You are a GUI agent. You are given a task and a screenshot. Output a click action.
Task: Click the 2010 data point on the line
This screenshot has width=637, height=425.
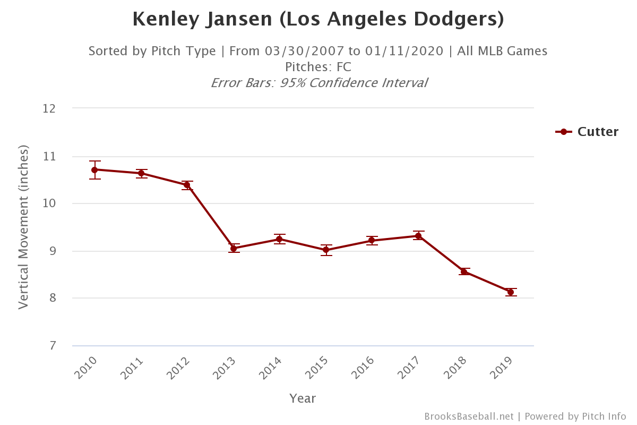(95, 170)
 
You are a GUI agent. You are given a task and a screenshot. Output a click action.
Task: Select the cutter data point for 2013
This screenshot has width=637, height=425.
(234, 248)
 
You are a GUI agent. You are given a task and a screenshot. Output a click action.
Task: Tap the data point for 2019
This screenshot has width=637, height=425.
(511, 292)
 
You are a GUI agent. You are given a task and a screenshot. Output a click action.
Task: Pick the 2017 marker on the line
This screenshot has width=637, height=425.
(418, 236)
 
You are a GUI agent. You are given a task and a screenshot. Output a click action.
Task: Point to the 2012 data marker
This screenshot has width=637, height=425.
(187, 185)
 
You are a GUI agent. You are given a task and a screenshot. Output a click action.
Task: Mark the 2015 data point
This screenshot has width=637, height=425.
(326, 250)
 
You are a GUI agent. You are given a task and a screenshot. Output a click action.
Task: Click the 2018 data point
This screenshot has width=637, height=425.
(464, 272)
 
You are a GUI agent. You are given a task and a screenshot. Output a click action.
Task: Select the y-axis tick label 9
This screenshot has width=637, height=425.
(53, 251)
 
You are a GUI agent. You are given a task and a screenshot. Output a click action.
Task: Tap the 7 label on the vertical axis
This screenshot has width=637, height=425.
(53, 346)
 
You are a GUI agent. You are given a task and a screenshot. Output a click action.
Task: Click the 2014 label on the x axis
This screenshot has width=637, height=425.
(271, 368)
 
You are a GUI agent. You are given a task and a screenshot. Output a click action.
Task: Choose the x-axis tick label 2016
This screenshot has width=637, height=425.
(364, 368)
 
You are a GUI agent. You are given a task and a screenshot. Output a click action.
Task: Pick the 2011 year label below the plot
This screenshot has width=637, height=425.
(133, 368)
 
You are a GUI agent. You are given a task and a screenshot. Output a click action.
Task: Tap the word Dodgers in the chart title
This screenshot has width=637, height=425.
(460, 20)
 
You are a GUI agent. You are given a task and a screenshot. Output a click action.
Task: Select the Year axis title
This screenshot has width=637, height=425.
(303, 398)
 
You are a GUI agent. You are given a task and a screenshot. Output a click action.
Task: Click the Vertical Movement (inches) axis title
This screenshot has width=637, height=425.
(23, 227)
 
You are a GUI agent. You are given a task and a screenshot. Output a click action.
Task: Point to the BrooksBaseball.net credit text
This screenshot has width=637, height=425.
(469, 416)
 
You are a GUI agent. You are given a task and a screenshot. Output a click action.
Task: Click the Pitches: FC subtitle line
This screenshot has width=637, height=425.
(318, 67)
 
